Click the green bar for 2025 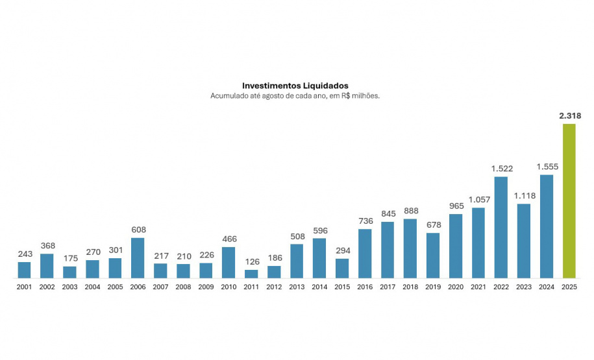[x=569, y=201]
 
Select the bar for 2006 [x=138, y=258]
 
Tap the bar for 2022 [x=501, y=228]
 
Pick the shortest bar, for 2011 [x=251, y=274]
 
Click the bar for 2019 [x=433, y=256]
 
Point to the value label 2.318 [x=569, y=116]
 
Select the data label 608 [x=138, y=230]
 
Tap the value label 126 [x=251, y=262]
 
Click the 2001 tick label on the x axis [x=24, y=287]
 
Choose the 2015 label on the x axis [x=342, y=287]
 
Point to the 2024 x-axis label [x=546, y=287]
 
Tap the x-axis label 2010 [x=229, y=287]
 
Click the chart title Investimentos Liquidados [x=295, y=85]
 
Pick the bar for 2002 [x=47, y=266]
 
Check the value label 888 [x=410, y=211]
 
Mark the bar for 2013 [x=297, y=261]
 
